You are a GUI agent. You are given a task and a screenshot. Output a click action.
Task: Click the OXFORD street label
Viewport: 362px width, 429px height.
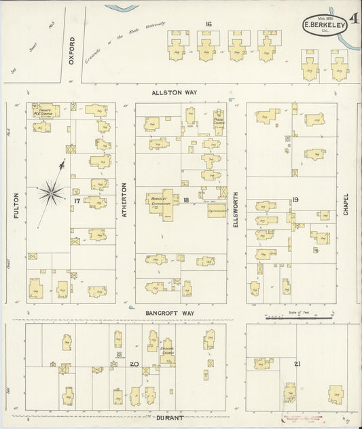[71, 52]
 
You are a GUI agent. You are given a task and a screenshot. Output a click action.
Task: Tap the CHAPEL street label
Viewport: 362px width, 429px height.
[346, 203]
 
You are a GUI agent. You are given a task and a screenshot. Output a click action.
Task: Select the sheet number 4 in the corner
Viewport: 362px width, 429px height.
[355, 14]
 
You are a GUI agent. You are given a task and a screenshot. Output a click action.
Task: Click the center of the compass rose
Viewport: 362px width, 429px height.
[51, 193]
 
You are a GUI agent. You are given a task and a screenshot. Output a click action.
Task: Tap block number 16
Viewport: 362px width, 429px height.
[209, 24]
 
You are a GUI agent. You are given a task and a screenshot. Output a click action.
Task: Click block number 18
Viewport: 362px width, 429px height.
[185, 200]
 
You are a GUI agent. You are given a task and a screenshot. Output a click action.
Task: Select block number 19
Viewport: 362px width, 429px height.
[295, 200]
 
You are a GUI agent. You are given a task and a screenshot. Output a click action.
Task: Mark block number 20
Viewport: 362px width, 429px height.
[135, 365]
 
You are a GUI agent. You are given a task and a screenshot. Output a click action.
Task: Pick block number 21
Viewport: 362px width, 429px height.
[297, 365]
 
